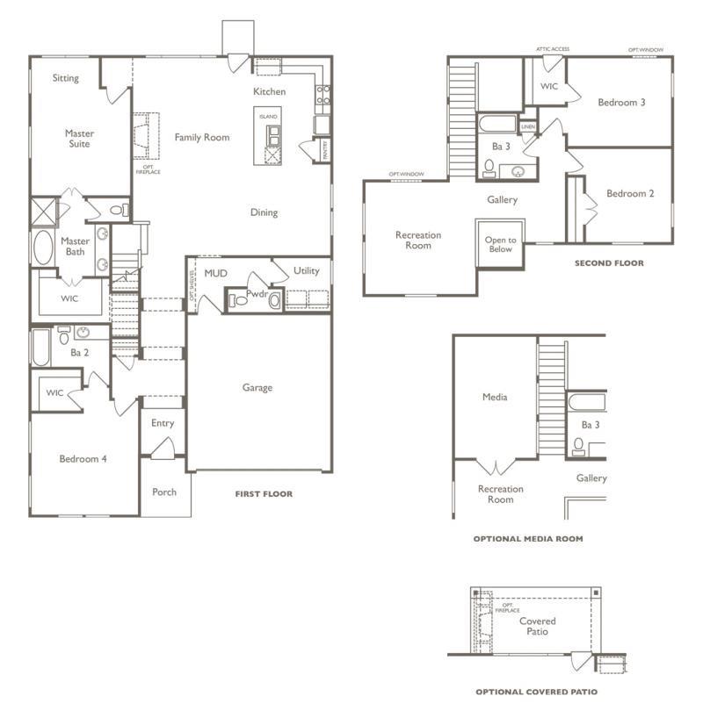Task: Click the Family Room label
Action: [x=201, y=137]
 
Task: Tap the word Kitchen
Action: [x=269, y=91]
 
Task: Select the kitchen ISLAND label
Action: [x=268, y=117]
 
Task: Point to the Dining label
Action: [x=264, y=212]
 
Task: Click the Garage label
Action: [x=257, y=387]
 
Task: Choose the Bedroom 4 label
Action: [x=83, y=458]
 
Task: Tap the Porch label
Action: [x=163, y=492]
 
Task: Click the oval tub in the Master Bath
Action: [x=43, y=248]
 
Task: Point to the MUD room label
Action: [x=215, y=273]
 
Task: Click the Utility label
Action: [x=306, y=271]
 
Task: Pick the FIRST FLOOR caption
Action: [x=264, y=494]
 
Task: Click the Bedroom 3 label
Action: [x=621, y=103]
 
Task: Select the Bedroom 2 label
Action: [x=629, y=194]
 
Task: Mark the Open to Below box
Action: [x=500, y=244]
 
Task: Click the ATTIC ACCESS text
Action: [x=552, y=50]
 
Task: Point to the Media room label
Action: [x=495, y=397]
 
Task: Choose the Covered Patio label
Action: [x=536, y=626]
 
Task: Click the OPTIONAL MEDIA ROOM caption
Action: [x=527, y=539]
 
